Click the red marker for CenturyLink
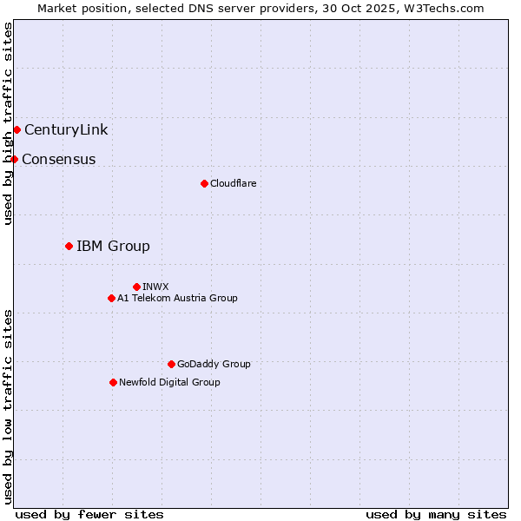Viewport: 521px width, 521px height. [16, 130]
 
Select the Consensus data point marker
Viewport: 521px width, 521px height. [14, 159]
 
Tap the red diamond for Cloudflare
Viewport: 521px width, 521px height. [204, 183]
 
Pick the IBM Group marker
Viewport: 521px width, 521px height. [69, 247]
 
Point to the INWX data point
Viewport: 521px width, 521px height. [136, 287]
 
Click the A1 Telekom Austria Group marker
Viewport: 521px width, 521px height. [111, 298]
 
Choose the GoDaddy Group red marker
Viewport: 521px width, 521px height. [171, 364]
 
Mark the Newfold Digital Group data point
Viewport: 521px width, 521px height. [113, 382]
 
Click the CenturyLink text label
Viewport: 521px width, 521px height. [66, 130]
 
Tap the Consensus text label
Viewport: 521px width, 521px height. [59, 160]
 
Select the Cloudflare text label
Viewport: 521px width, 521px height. [233, 183]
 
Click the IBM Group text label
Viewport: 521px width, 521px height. [113, 247]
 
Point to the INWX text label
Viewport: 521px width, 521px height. [155, 287]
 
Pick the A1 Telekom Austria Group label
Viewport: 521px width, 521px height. [177, 298]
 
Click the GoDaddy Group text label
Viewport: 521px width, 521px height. [214, 364]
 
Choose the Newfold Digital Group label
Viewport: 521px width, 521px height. [169, 382]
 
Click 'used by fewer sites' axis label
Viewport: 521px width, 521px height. [89, 514]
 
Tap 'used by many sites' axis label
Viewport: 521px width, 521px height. [436, 514]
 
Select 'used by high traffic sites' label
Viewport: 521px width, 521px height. [9, 123]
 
